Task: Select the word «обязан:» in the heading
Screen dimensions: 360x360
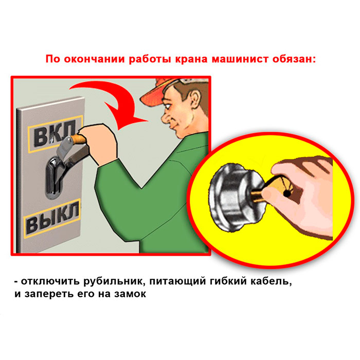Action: point(294,59)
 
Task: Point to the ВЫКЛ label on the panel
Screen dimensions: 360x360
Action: point(52,219)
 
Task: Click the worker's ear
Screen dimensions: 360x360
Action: point(195,99)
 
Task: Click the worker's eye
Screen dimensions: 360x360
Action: point(167,106)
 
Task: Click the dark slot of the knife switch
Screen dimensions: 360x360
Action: point(53,177)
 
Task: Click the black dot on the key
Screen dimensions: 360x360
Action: point(287,193)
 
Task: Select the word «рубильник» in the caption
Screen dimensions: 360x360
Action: point(113,281)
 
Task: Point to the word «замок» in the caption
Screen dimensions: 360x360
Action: point(130,294)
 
